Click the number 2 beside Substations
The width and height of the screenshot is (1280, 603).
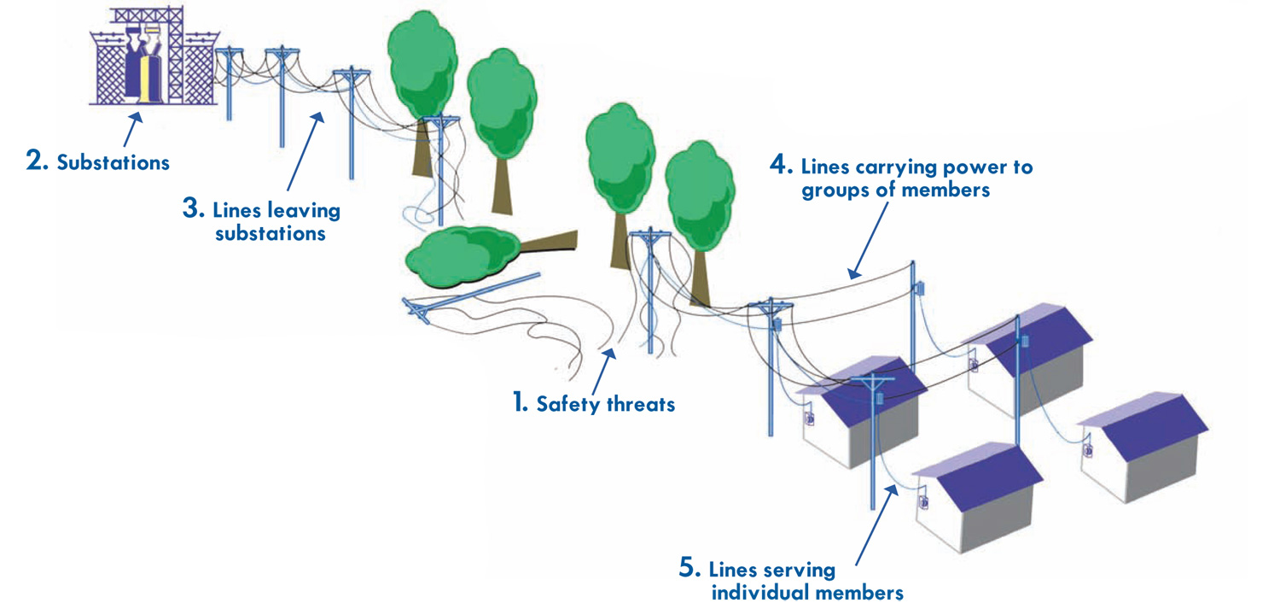tap(37, 161)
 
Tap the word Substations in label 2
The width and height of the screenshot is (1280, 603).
tap(113, 162)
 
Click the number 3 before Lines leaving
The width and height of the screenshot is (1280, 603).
tap(193, 208)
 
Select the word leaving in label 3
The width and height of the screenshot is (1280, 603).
tap(304, 210)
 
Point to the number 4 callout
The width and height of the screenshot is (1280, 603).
tap(781, 165)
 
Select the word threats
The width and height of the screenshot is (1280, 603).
tap(641, 405)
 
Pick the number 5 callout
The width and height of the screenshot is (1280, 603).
tap(689, 567)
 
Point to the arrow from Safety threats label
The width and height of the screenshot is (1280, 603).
tap(603, 372)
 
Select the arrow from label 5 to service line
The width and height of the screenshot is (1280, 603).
tap(875, 525)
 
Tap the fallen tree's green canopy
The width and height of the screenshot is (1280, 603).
tap(463, 255)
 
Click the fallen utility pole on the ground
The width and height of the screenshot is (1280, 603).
tap(470, 299)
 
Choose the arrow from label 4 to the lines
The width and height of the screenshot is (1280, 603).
tap(868, 240)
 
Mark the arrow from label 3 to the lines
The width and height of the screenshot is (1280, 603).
tap(305, 151)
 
